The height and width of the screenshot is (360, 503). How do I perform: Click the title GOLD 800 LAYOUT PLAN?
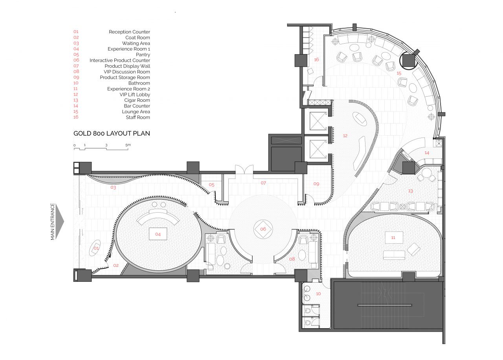pyautogui.click(x=112, y=133)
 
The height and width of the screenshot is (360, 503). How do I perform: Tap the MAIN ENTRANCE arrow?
pyautogui.click(x=59, y=221)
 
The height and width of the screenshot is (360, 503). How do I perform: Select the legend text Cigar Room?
pyautogui.click(x=137, y=100)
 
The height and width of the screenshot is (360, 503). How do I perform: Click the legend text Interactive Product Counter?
pyautogui.click(x=120, y=61)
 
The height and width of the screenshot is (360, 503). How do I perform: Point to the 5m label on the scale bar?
pyautogui.click(x=128, y=145)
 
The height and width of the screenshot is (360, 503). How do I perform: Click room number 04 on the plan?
pyautogui.click(x=158, y=234)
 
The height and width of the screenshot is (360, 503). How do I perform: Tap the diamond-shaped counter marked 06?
pyautogui.click(x=263, y=229)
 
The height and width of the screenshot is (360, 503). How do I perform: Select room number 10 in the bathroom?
pyautogui.click(x=318, y=294)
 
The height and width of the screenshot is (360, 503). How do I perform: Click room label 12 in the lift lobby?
pyautogui.click(x=345, y=136)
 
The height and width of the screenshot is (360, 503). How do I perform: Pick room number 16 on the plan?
pyautogui.click(x=316, y=59)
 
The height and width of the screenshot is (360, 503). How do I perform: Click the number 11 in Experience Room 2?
pyautogui.click(x=393, y=238)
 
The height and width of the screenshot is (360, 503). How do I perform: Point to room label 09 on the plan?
pyautogui.click(x=316, y=184)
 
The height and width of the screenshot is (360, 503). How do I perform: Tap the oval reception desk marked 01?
pyautogui.click(x=95, y=248)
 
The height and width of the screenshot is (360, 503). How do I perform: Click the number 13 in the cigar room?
pyautogui.click(x=411, y=191)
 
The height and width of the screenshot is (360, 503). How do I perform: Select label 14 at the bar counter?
pyautogui.click(x=427, y=153)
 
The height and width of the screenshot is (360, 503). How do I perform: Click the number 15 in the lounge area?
pyautogui.click(x=399, y=73)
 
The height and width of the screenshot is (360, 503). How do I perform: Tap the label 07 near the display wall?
pyautogui.click(x=263, y=183)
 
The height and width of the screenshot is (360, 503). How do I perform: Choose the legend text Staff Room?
pyautogui.click(x=138, y=117)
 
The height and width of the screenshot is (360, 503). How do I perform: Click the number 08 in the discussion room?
pyautogui.click(x=292, y=259)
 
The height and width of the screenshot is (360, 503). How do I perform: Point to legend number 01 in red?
pyautogui.click(x=76, y=32)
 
